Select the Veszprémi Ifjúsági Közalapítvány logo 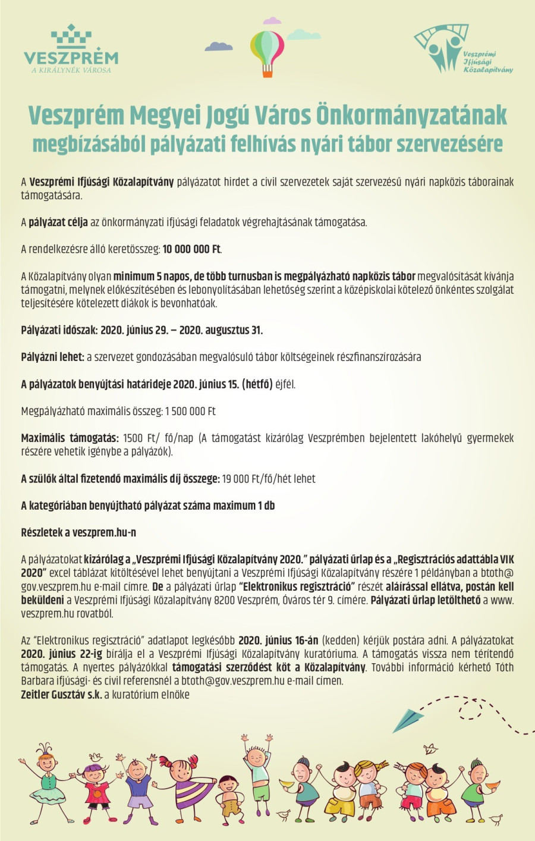pyautogui.click(x=462, y=50)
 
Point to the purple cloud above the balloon pyautogui.click(x=272, y=21)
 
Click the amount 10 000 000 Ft pyautogui.click(x=191, y=249)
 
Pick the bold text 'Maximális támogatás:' pyautogui.click(x=70, y=438)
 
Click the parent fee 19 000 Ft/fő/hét pyautogui.click(x=268, y=479)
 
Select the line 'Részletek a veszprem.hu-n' pyautogui.click(x=78, y=532)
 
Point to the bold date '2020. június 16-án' pyautogui.click(x=278, y=641)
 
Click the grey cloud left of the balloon pyautogui.click(x=219, y=46)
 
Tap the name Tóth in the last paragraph pyautogui.click(x=504, y=667)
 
